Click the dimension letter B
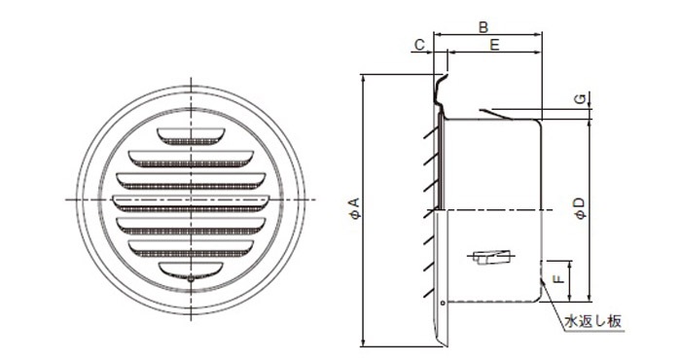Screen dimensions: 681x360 coord(483,27)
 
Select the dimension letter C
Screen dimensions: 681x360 coord(419,45)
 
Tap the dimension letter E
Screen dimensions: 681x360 coord(494,45)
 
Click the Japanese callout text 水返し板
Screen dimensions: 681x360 coord(592,321)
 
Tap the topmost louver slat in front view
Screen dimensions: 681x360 coord(191,136)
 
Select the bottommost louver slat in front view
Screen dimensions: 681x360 coord(191,270)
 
